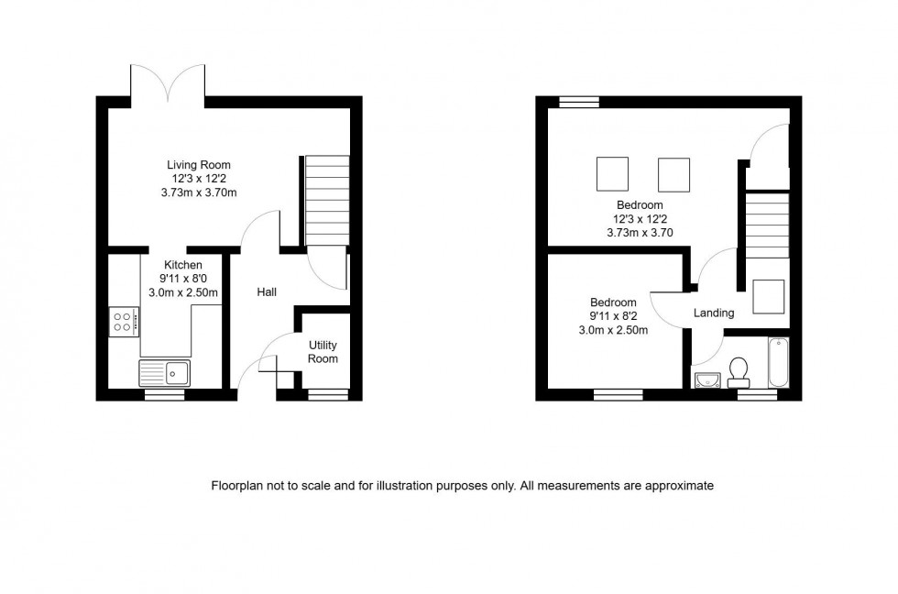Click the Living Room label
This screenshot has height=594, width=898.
click(199, 165)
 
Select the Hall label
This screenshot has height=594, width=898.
click(267, 292)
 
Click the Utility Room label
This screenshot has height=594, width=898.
click(323, 352)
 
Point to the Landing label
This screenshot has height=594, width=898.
click(713, 313)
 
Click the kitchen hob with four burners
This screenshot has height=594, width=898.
click(124, 321)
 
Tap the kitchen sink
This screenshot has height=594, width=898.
click(164, 372)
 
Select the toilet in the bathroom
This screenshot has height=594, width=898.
click(739, 368)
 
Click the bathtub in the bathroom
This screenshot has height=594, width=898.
click(778, 362)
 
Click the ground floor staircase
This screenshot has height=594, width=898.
click(327, 201)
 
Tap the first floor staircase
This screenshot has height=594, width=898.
click(766, 225)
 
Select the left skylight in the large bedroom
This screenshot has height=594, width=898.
click(613, 173)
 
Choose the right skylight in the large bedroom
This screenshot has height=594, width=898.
click(673, 173)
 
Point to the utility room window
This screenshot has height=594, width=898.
click(327, 395)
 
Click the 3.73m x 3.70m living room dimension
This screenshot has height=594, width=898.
click(199, 192)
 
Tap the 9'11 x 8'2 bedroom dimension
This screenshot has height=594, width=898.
click(613, 316)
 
